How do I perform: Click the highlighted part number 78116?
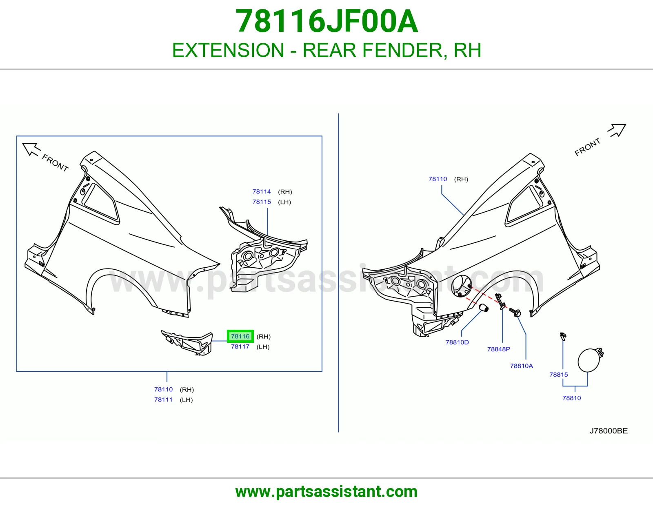240,336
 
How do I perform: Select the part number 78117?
240,346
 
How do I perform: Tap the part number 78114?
262,191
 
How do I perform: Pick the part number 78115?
262,202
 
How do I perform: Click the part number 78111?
164,399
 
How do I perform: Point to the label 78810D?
457,342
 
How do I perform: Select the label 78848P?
499,349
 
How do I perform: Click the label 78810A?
521,366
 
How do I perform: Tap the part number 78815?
559,374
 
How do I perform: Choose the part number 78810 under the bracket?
571,398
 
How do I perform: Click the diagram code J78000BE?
609,431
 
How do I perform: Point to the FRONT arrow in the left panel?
31,149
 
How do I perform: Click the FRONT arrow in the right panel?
617,131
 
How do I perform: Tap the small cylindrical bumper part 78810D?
483,308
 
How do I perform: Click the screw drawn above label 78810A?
515,312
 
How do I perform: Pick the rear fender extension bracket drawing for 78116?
187,342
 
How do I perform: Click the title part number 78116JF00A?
326,21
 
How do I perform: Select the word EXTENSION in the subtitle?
228,50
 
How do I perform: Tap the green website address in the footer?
326,492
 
